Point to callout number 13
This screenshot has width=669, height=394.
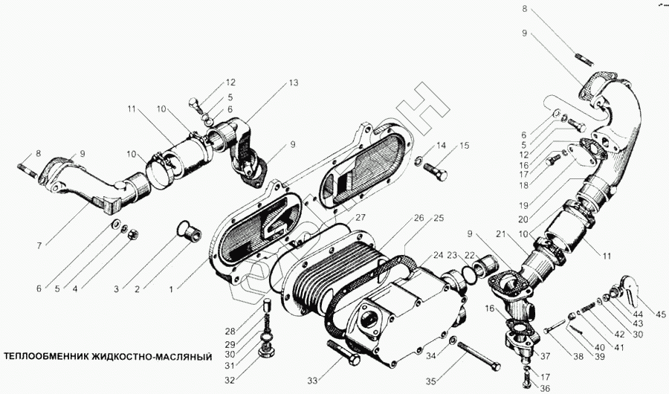(x=294, y=83)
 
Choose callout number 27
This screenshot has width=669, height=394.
(x=360, y=218)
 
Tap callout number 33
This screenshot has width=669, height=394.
(x=312, y=381)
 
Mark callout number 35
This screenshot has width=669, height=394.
(x=430, y=381)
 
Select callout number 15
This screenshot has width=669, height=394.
(x=465, y=146)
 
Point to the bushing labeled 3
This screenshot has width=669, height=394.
(x=190, y=230)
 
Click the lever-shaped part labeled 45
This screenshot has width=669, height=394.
(x=629, y=291)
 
